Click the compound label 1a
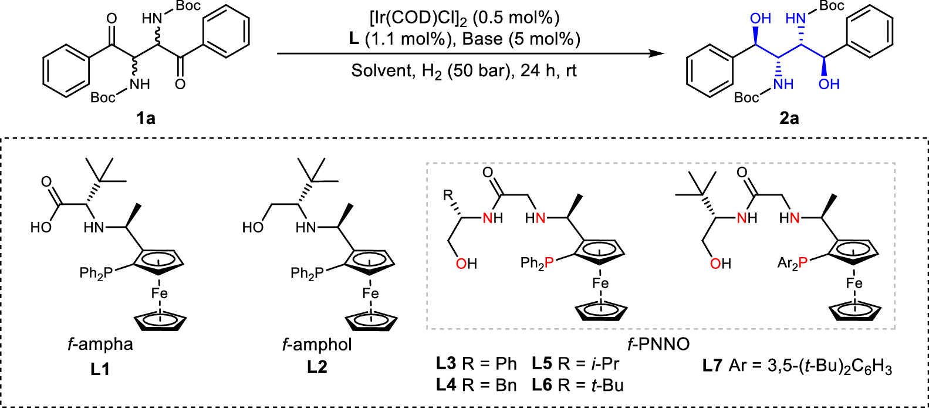coord(146,119)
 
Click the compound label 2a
coord(789,119)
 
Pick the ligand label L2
coord(317,367)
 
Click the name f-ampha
coord(100,344)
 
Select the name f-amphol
coord(317,344)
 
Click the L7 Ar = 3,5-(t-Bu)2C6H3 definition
coord(797,367)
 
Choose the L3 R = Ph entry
coord(476,364)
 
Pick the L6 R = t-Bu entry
coord(577,386)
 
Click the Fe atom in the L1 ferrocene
coord(160,293)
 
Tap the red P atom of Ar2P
coord(803,263)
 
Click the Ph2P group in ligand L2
coord(307,273)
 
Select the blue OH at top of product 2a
coord(761,19)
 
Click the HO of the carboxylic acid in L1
coord(42,227)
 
